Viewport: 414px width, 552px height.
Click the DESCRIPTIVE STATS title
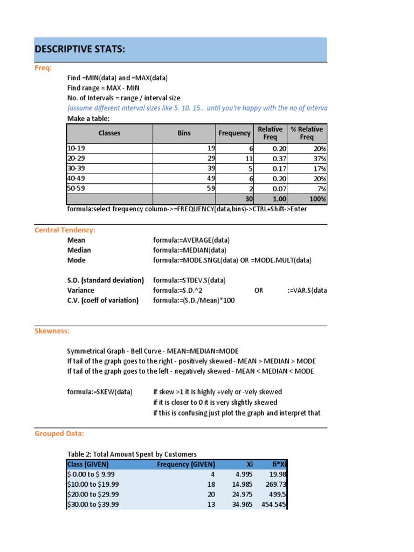click(80, 50)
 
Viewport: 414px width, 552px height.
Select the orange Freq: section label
click(43, 68)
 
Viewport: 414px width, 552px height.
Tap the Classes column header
click(109, 133)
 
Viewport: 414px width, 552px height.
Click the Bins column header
click(184, 133)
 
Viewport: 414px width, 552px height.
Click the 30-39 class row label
click(76, 168)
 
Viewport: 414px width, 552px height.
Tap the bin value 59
click(211, 189)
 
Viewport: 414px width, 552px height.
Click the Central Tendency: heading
click(65, 230)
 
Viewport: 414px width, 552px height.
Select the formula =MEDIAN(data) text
click(190, 250)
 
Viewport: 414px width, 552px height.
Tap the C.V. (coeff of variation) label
click(102, 300)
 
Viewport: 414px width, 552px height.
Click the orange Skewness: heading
click(52, 331)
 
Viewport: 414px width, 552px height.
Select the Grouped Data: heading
click(59, 433)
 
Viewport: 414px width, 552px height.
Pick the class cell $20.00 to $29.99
click(93, 494)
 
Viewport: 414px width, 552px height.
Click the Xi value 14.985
click(241, 484)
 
